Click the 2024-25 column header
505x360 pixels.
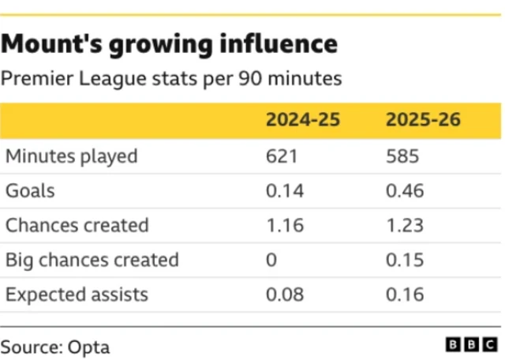pyautogui.click(x=303, y=119)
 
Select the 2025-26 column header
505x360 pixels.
pyautogui.click(x=423, y=119)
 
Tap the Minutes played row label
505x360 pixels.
pyautogui.click(x=72, y=157)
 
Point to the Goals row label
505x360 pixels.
pyautogui.click(x=30, y=191)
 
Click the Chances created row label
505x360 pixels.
pyautogui.click(x=77, y=225)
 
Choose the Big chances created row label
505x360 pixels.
pyautogui.click(x=92, y=260)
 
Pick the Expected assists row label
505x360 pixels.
pyautogui.click(x=77, y=295)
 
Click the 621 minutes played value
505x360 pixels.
pyautogui.click(x=282, y=156)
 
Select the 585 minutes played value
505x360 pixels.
pyautogui.click(x=402, y=156)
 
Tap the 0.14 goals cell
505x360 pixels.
pyautogui.click(x=285, y=191)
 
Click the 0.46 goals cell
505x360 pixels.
pyautogui.click(x=405, y=191)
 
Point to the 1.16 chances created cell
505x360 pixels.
pyautogui.click(x=286, y=225)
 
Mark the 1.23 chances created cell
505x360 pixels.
pyautogui.click(x=405, y=225)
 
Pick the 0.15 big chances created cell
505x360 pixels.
pyautogui.click(x=405, y=260)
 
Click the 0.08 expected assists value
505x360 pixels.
pyautogui.click(x=285, y=294)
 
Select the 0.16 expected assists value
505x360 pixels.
pyautogui.click(x=405, y=294)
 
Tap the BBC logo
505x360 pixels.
pyautogui.click(x=472, y=345)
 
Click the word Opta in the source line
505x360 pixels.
pyautogui.click(x=88, y=348)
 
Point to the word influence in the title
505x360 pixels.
pyautogui.click(x=279, y=44)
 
